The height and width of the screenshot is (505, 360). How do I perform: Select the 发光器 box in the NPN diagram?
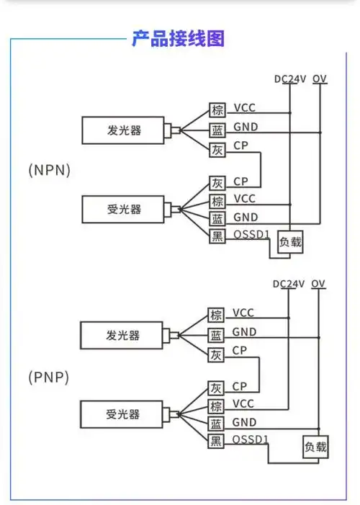(124, 130)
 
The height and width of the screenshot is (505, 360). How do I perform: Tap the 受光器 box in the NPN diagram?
(124, 210)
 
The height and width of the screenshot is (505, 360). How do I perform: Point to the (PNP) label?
(49, 377)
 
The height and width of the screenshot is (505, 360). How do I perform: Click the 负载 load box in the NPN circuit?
(291, 243)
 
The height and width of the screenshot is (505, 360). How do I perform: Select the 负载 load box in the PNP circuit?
(315, 447)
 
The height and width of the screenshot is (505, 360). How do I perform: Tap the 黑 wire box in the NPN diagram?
(217, 236)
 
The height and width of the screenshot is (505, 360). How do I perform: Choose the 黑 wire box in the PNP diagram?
(216, 441)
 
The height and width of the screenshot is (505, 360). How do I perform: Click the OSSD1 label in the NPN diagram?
(251, 235)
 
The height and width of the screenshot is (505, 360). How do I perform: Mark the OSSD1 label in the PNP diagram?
(251, 439)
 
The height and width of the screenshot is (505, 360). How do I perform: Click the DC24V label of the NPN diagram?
(289, 79)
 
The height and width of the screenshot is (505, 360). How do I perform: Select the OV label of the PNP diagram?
(319, 284)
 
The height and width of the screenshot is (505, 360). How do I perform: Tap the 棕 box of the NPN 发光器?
(217, 110)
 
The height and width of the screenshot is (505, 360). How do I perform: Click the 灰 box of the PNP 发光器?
(216, 354)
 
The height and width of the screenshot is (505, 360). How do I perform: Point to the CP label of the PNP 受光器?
(240, 386)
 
